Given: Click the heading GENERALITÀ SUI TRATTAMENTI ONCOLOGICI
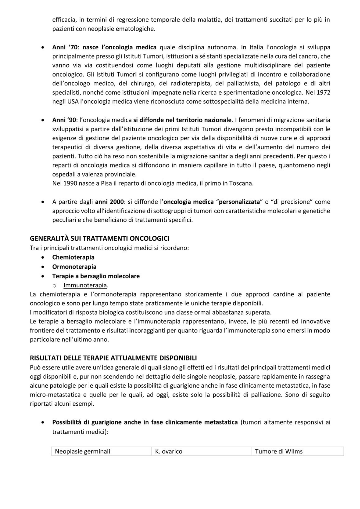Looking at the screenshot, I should click(x=100, y=238).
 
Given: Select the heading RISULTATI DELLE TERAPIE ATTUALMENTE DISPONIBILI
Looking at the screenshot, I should click(x=113, y=358).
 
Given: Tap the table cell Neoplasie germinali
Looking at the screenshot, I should click(x=82, y=451).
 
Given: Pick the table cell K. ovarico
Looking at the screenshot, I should click(x=169, y=451).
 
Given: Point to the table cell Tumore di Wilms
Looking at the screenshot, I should click(x=279, y=451).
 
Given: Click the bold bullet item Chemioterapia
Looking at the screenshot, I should click(x=73, y=257).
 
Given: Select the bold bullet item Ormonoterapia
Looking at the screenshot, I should click(x=74, y=267).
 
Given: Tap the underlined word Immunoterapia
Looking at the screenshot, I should click(x=85, y=285).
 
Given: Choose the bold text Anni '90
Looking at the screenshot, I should click(x=64, y=120).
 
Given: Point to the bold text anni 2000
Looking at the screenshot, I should click(x=109, y=202).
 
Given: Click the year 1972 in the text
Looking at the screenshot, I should click(x=323, y=93).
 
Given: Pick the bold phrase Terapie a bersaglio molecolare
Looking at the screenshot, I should click(x=96, y=276).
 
